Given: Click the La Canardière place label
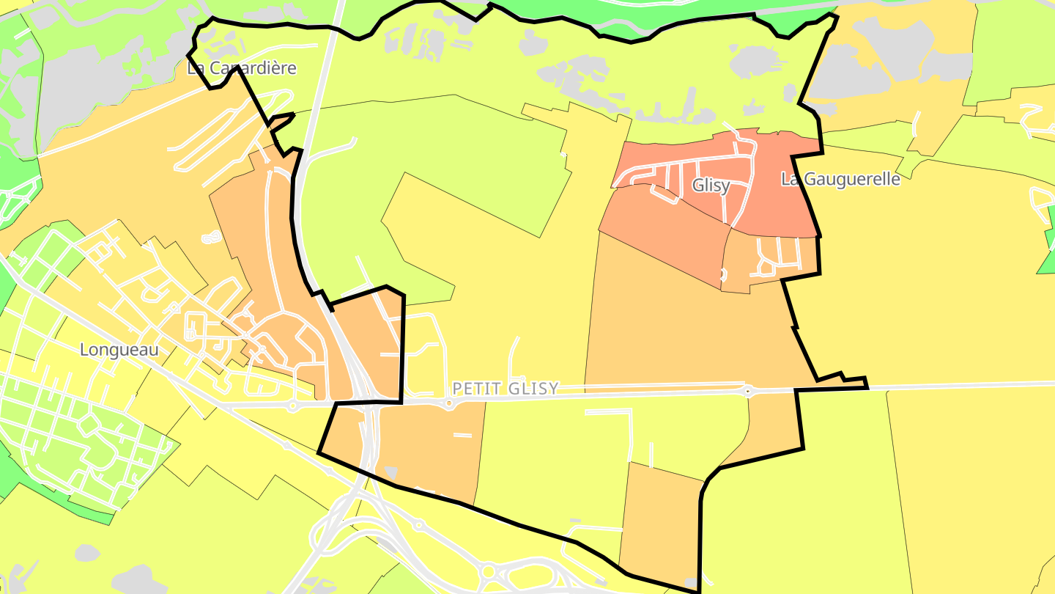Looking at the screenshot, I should (242, 68).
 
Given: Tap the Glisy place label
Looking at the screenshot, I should (711, 186).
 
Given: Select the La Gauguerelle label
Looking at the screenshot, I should (840, 179).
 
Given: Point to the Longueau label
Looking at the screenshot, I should (119, 350).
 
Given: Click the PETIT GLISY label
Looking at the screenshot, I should (506, 388).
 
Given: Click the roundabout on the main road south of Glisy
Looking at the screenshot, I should (747, 391).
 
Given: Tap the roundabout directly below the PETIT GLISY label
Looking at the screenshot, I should (449, 403).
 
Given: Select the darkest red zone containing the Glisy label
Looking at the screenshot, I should (777, 198).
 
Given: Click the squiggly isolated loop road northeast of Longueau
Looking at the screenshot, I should (211, 236).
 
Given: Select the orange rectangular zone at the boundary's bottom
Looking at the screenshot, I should (659, 521).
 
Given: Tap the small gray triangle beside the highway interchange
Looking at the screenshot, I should (391, 472).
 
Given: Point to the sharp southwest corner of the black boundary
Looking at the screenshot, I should (319, 452).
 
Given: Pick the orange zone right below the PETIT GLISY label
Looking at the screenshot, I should (432, 447).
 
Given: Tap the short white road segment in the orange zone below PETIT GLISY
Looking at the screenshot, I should (462, 436).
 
